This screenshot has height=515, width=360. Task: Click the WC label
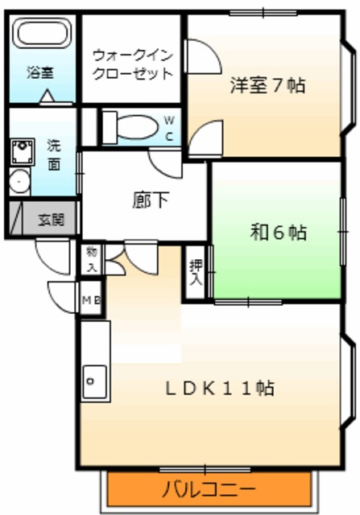169,128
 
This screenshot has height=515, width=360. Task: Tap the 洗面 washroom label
54,154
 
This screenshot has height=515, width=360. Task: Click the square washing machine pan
21,150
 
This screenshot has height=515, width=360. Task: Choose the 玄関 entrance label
51,218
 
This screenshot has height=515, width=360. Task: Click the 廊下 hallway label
151,200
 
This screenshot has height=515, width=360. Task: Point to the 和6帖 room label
278,233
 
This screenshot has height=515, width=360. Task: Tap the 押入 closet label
195,273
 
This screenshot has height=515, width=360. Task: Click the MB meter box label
90,301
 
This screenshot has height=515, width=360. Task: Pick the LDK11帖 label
219,389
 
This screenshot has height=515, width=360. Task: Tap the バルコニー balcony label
209,488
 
